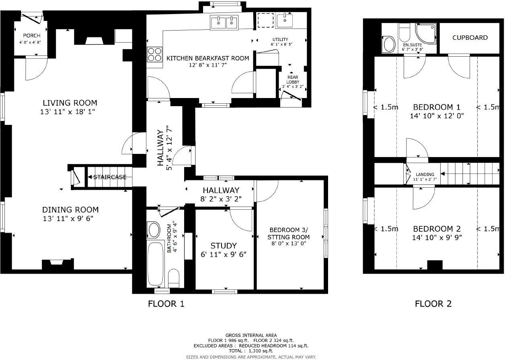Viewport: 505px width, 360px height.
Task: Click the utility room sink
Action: (x=285, y=19)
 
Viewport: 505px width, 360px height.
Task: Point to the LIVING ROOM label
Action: (x=70, y=103)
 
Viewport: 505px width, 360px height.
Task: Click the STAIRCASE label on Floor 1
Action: (x=110, y=177)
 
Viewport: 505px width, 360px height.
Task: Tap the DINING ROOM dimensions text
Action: (x=70, y=219)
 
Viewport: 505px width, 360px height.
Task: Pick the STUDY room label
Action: (x=224, y=245)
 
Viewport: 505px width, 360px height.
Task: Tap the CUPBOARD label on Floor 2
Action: (x=470, y=38)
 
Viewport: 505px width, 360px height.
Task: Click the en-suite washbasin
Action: (x=389, y=44)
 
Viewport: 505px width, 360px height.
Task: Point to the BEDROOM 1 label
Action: (x=437, y=107)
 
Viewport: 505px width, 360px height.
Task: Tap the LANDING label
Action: (x=425, y=174)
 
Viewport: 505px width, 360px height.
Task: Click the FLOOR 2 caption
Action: (x=433, y=304)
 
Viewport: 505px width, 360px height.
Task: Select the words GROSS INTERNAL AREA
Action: (x=251, y=335)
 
